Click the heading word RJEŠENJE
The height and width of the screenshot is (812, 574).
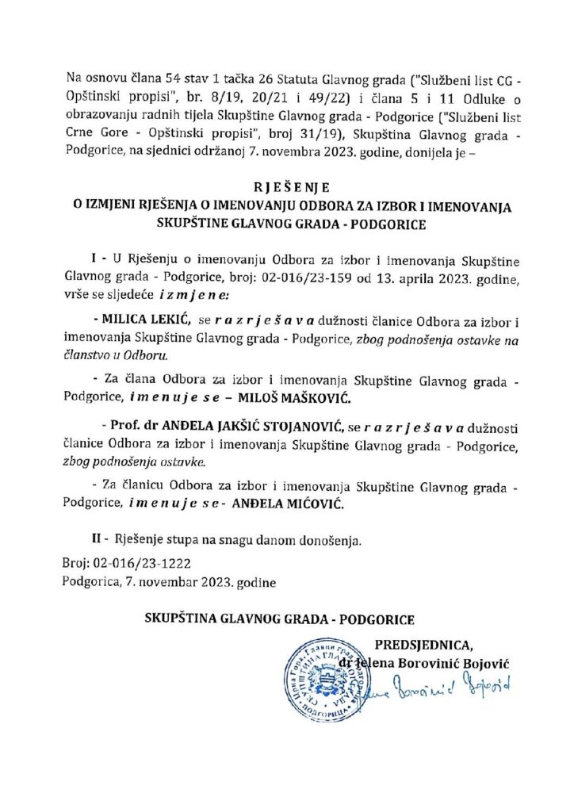click(x=286, y=190)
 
